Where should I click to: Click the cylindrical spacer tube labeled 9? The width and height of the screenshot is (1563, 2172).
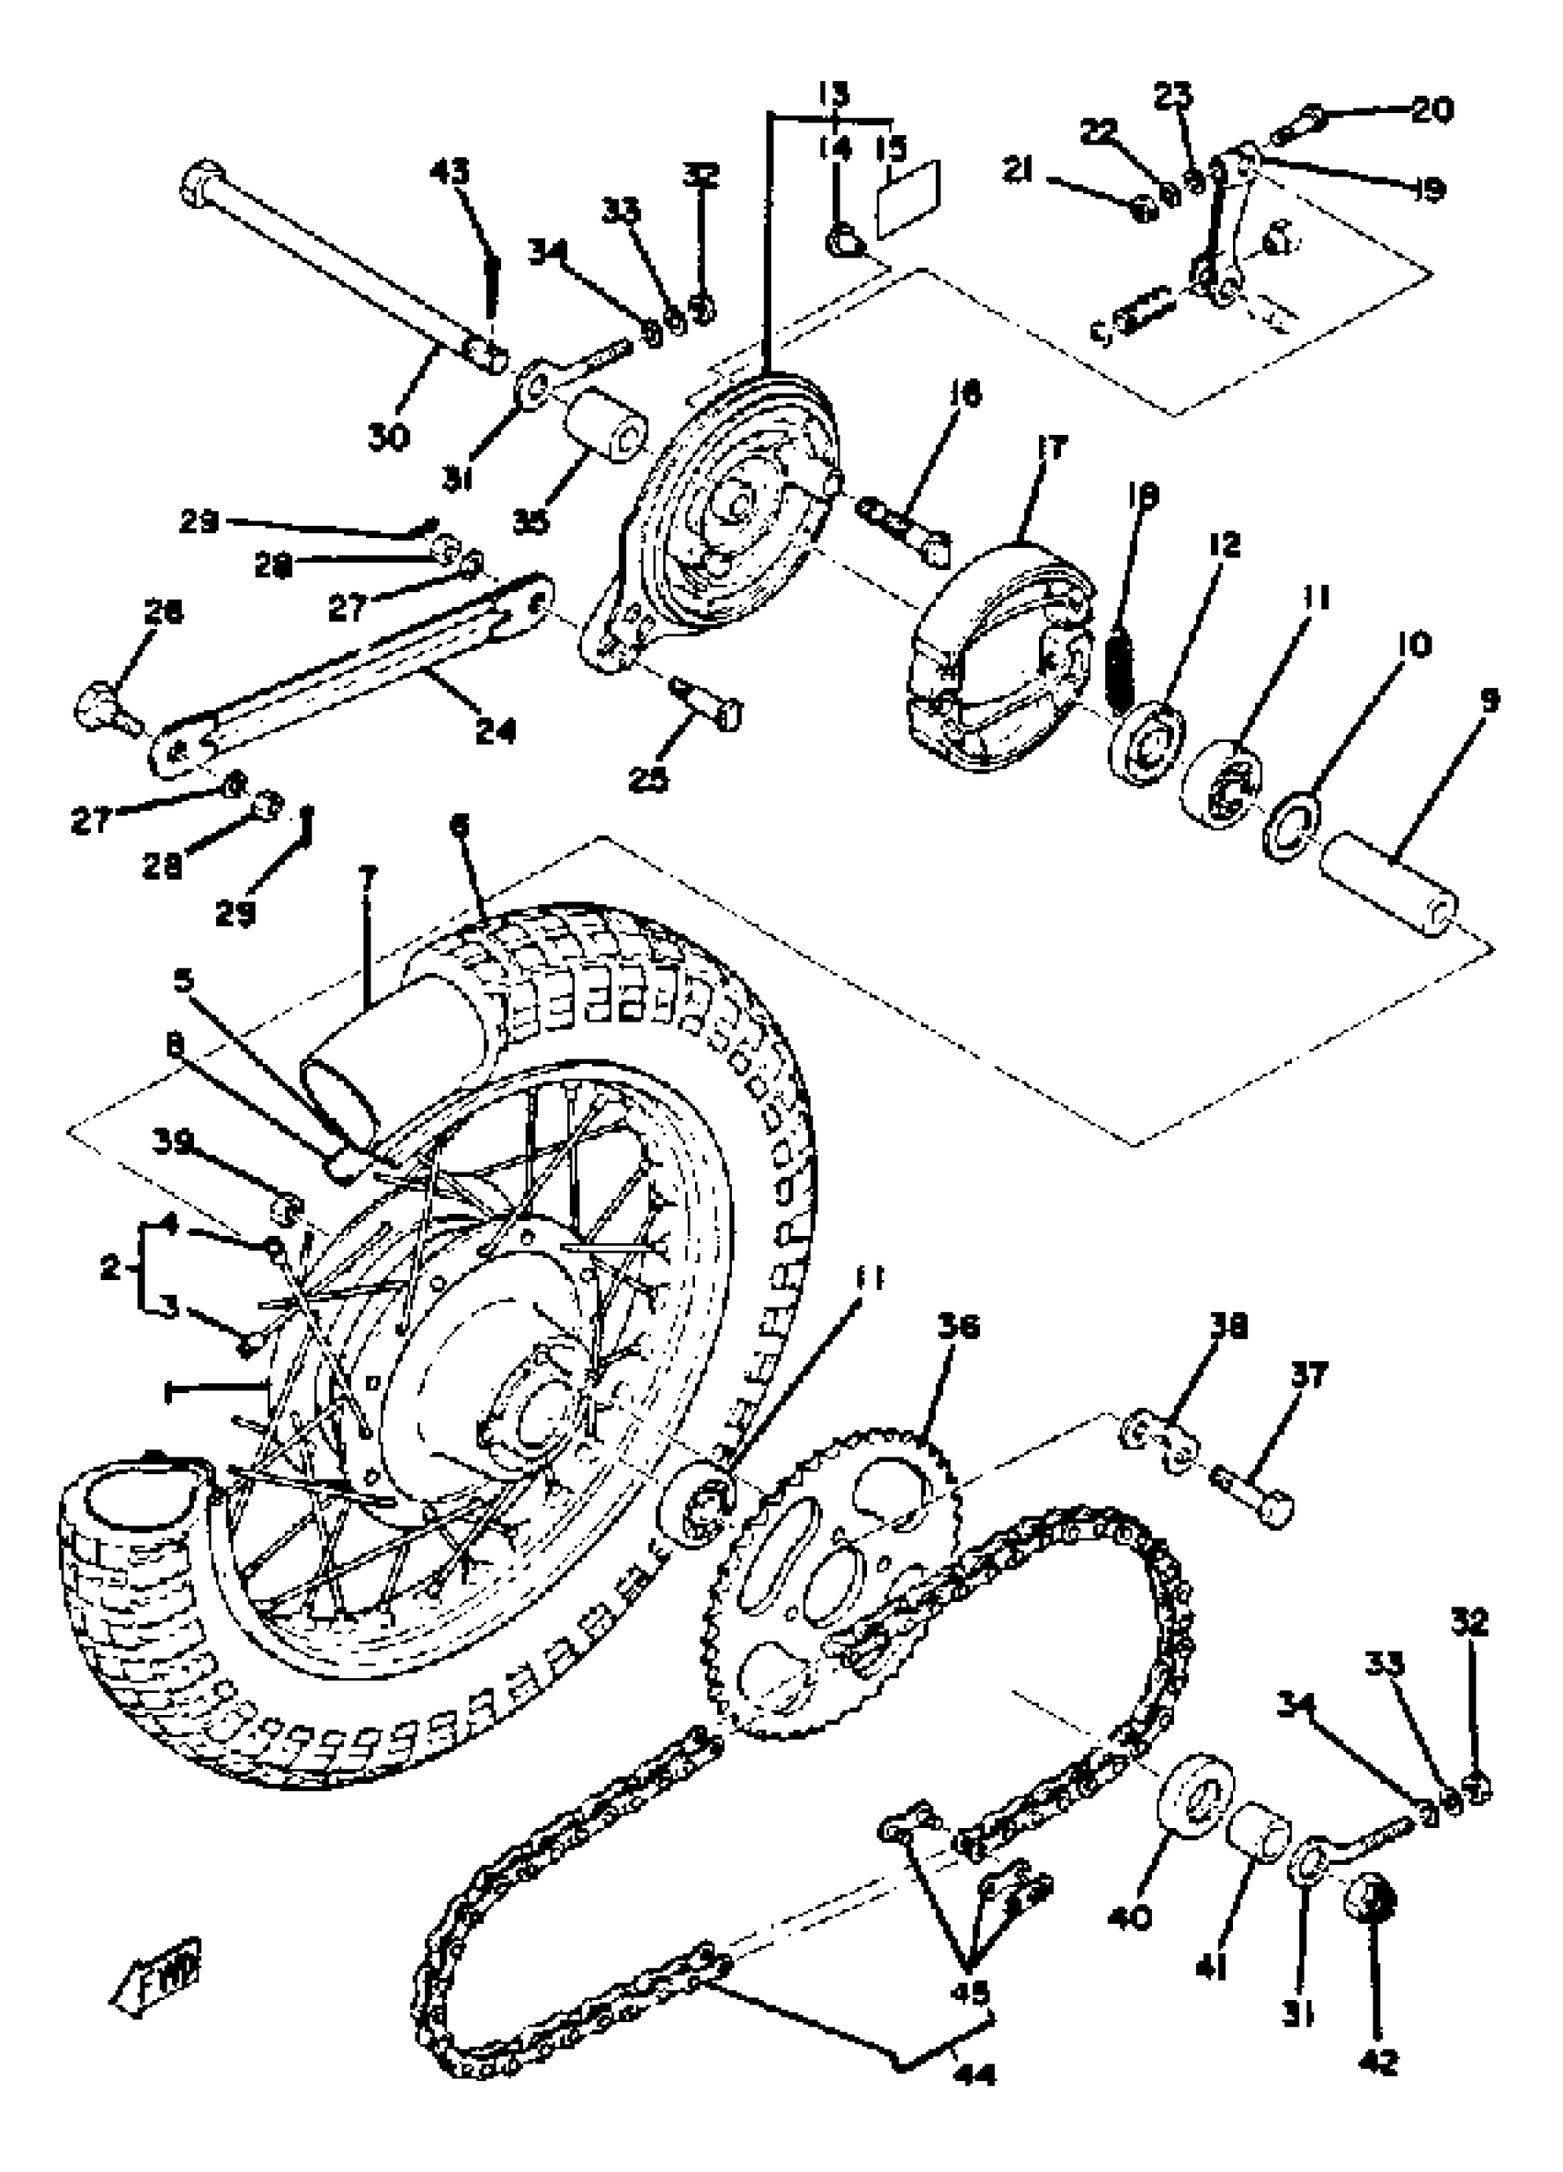point(1389,886)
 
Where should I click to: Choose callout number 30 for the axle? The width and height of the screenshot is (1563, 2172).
point(388,436)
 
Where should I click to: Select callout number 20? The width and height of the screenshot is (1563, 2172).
point(1432,110)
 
